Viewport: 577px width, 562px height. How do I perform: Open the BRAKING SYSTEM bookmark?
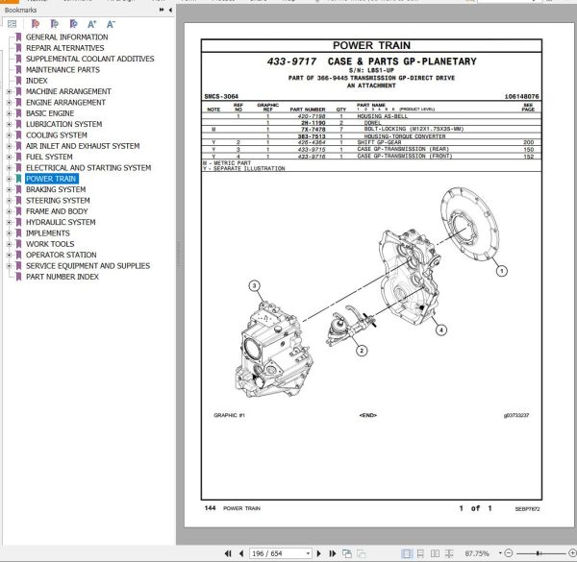(56, 189)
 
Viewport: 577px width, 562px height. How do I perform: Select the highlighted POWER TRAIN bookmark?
(51, 179)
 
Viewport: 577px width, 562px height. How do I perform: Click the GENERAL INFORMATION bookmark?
(66, 37)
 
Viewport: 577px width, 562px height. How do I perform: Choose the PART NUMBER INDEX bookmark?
(62, 277)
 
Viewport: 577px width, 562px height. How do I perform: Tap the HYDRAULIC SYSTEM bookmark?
(61, 222)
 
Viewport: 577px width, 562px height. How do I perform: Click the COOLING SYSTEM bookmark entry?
(57, 135)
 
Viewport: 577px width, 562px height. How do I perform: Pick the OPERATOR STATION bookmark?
(61, 255)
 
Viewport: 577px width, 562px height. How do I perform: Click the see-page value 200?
(528, 142)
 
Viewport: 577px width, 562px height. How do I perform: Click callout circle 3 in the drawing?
(254, 285)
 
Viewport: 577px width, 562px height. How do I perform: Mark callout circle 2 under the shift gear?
(361, 351)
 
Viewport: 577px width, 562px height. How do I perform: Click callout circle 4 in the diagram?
(441, 330)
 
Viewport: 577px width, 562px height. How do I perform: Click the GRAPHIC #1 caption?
(230, 415)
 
